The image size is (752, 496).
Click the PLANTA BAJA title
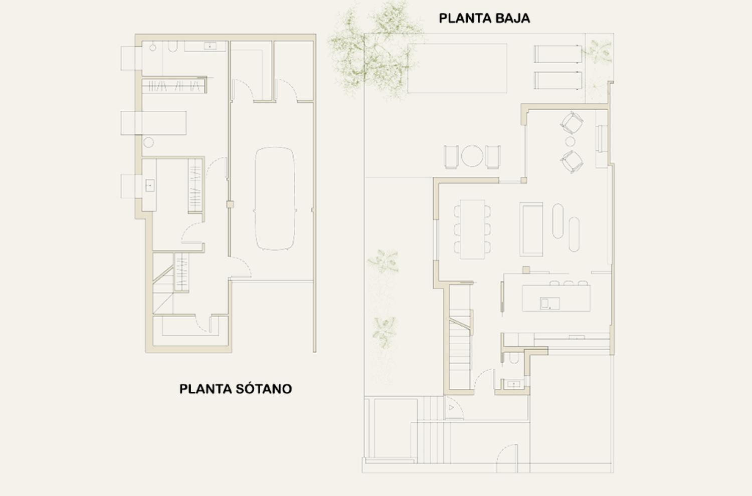click(x=484, y=19)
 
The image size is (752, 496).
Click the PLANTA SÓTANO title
click(x=236, y=389)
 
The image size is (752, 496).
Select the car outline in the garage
click(x=275, y=199)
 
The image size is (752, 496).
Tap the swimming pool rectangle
click(x=457, y=68)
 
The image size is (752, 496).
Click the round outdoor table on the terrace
click(x=472, y=156)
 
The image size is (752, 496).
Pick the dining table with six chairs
click(x=472, y=229)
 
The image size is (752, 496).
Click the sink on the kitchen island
click(x=549, y=304)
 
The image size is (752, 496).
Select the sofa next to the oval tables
click(x=531, y=229)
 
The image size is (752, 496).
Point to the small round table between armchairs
click(x=570, y=142)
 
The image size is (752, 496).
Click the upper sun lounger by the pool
click(x=558, y=54)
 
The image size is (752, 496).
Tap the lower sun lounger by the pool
click(x=558, y=80)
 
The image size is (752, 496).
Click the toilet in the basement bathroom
click(x=172, y=47)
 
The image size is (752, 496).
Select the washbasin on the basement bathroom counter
click(x=210, y=46)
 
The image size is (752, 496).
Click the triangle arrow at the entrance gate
click(x=451, y=407)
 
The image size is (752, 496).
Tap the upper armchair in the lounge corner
click(x=572, y=123)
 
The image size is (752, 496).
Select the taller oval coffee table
click(x=558, y=221)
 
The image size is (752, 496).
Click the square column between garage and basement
click(x=230, y=204)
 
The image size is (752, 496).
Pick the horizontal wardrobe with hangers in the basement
click(x=174, y=86)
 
